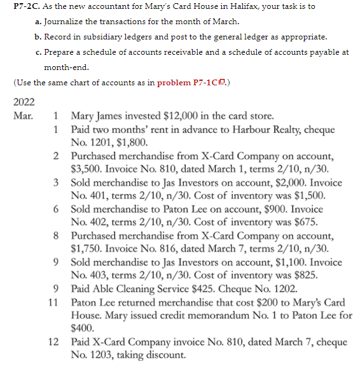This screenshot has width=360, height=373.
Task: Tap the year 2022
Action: click(24, 102)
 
